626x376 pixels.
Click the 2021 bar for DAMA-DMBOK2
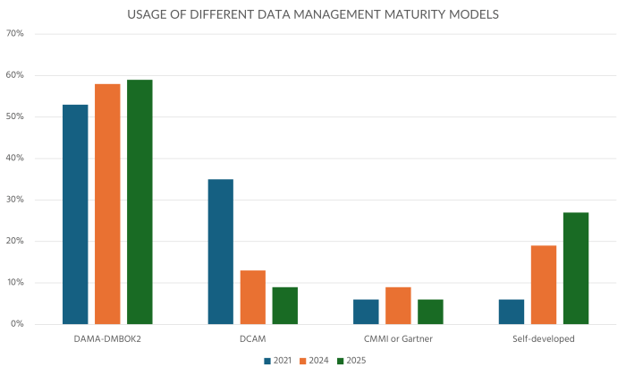pyautogui.click(x=75, y=214)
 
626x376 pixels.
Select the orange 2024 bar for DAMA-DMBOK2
pyautogui.click(x=107, y=203)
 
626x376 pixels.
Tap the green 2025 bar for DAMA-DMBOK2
pyautogui.click(x=140, y=201)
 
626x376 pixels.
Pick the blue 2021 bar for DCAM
pyautogui.click(x=221, y=252)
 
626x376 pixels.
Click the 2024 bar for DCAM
pyautogui.click(x=253, y=296)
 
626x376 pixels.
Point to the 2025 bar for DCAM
pyautogui.click(x=284, y=305)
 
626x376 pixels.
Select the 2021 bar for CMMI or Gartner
pyautogui.click(x=366, y=312)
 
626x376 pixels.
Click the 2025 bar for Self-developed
pyautogui.click(x=576, y=268)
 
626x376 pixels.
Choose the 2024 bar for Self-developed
pyautogui.click(x=544, y=285)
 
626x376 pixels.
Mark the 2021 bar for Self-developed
pyautogui.click(x=512, y=312)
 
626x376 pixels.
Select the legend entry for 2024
pyautogui.click(x=314, y=361)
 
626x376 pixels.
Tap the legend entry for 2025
pyautogui.click(x=349, y=361)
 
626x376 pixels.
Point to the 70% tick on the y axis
pyautogui.click(x=15, y=34)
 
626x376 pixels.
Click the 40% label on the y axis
pyautogui.click(x=15, y=158)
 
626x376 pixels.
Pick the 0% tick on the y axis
pyautogui.click(x=18, y=324)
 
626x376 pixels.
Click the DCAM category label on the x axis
pyautogui.click(x=253, y=339)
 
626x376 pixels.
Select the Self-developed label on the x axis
pyautogui.click(x=544, y=339)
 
